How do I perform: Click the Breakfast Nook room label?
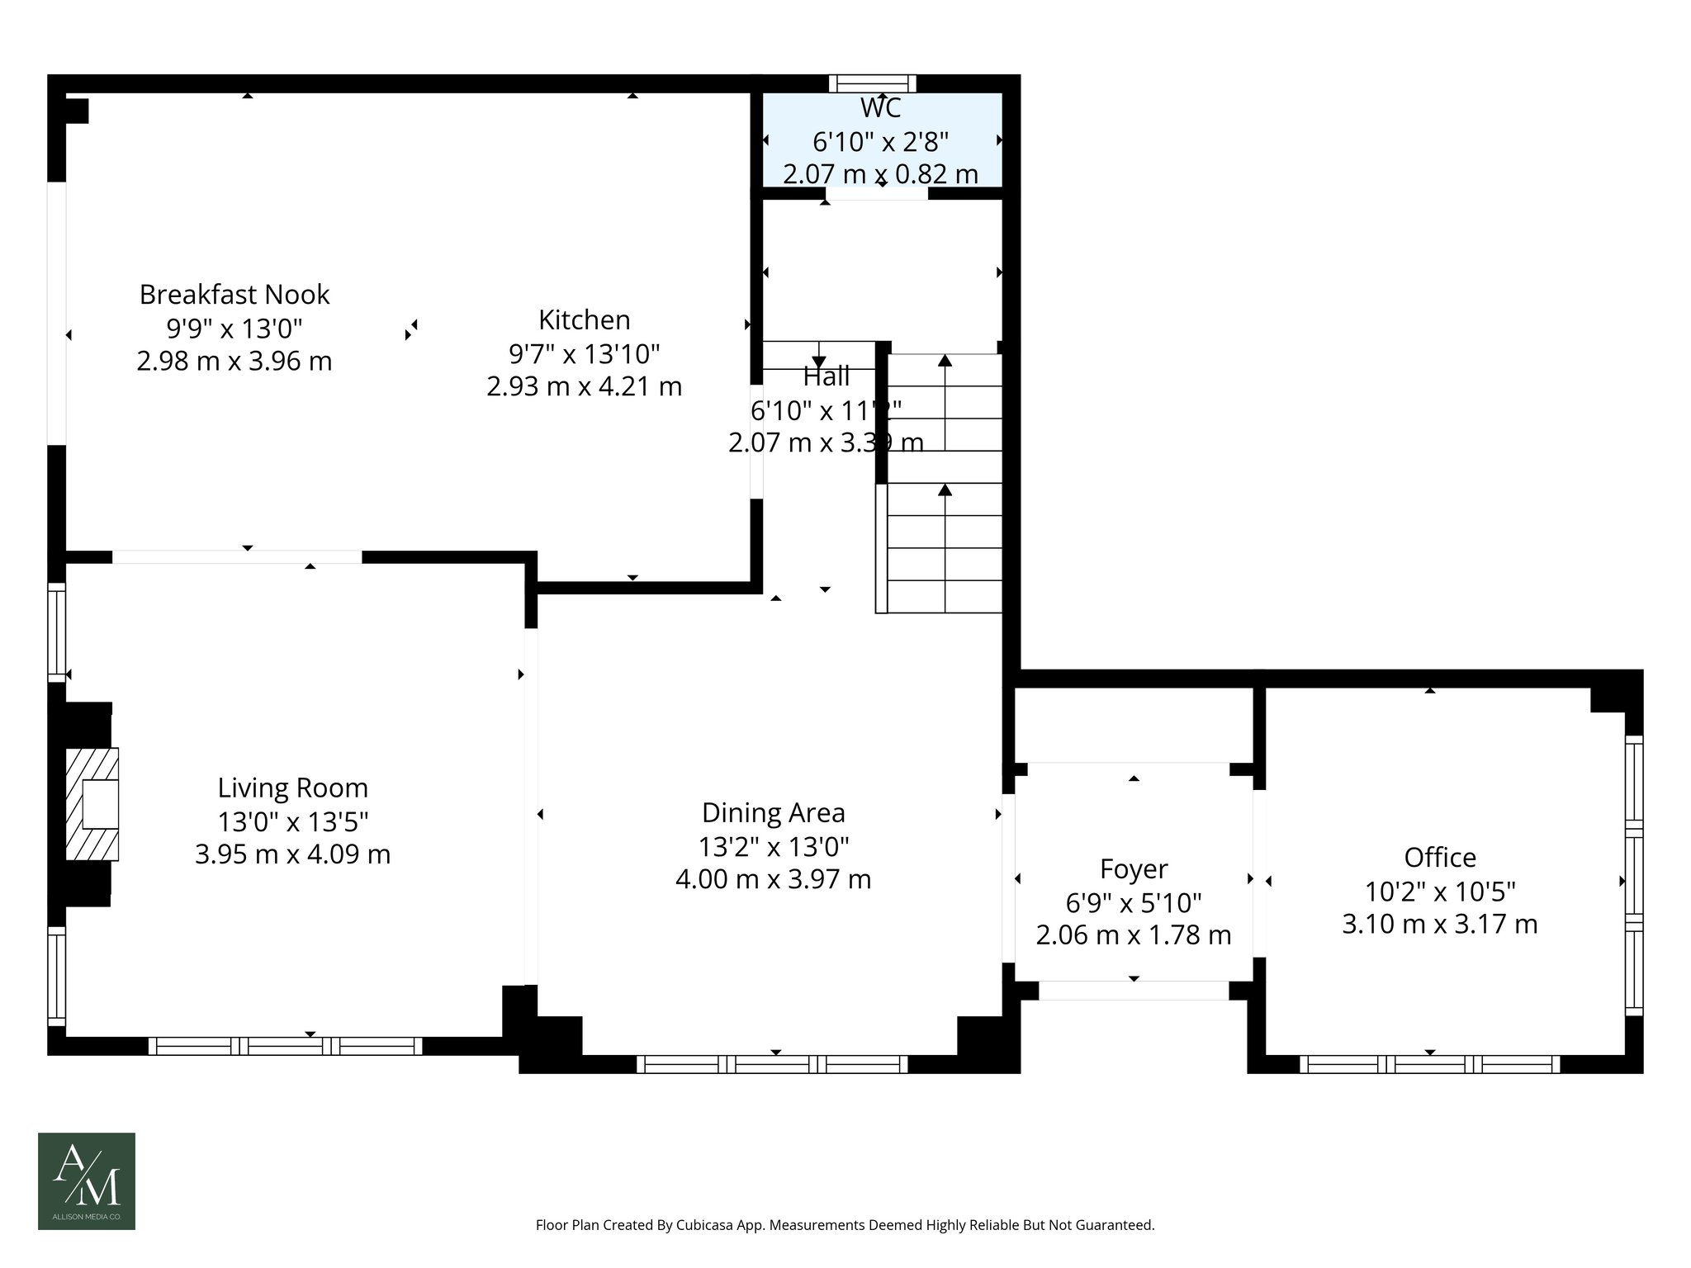click(x=234, y=295)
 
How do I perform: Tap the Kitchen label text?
click(x=584, y=320)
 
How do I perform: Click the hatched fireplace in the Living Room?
click(x=92, y=805)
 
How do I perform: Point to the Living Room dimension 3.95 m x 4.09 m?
click(x=292, y=854)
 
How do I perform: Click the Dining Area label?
click(x=773, y=813)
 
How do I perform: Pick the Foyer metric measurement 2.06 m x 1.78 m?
click(x=1133, y=935)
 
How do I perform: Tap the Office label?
click(x=1440, y=858)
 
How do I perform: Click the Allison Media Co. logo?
click(x=87, y=1180)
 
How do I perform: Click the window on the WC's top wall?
click(x=873, y=83)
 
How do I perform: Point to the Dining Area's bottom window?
click(x=772, y=1064)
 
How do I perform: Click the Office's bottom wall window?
click(x=1429, y=1064)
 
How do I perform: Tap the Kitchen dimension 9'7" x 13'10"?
click(x=584, y=354)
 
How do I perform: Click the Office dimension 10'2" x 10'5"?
click(x=1440, y=892)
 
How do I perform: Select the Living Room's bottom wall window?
click(x=285, y=1046)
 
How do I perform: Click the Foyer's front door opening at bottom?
click(x=1133, y=991)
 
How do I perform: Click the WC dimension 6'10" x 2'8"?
click(x=880, y=142)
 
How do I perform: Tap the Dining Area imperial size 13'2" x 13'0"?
click(x=773, y=847)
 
